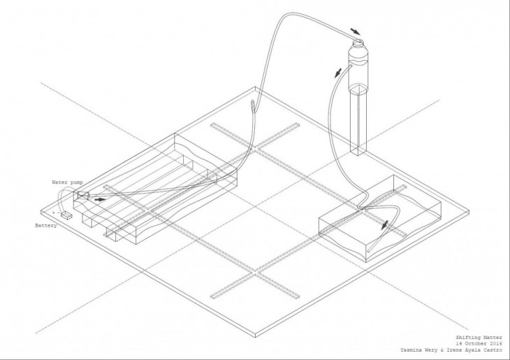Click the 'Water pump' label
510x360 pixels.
coord(68,182)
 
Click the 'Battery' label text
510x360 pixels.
coord(46,226)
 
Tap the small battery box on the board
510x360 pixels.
coord(67,216)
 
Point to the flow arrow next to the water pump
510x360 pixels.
coord(102,199)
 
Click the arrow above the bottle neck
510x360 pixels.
coord(356,31)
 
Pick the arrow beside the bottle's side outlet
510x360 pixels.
coord(339,73)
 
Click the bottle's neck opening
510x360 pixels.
coord(358,44)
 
